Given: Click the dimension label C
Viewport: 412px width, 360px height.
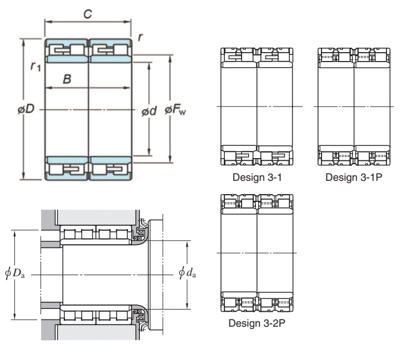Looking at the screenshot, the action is [88, 14].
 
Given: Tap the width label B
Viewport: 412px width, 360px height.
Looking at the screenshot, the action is [67, 79].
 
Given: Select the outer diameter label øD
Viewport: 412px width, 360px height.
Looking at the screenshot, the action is [26, 109].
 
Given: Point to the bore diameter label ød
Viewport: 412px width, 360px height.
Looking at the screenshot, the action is [149, 111].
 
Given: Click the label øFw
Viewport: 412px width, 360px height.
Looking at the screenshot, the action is [175, 110].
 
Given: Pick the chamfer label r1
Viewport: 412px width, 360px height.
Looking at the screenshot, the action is [36, 66].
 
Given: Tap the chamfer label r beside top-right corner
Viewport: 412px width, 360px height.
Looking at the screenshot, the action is [140, 37].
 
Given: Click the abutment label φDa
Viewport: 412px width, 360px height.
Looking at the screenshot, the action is [15, 273].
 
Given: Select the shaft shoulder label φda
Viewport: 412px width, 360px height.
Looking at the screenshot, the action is [187, 272].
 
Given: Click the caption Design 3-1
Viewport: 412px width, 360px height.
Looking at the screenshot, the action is [257, 178].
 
